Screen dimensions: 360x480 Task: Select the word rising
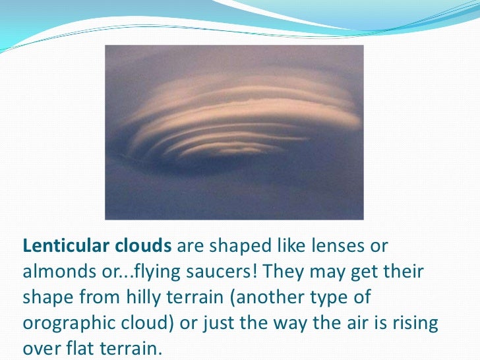point(415,323)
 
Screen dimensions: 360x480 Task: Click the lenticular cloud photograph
point(234,132)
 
